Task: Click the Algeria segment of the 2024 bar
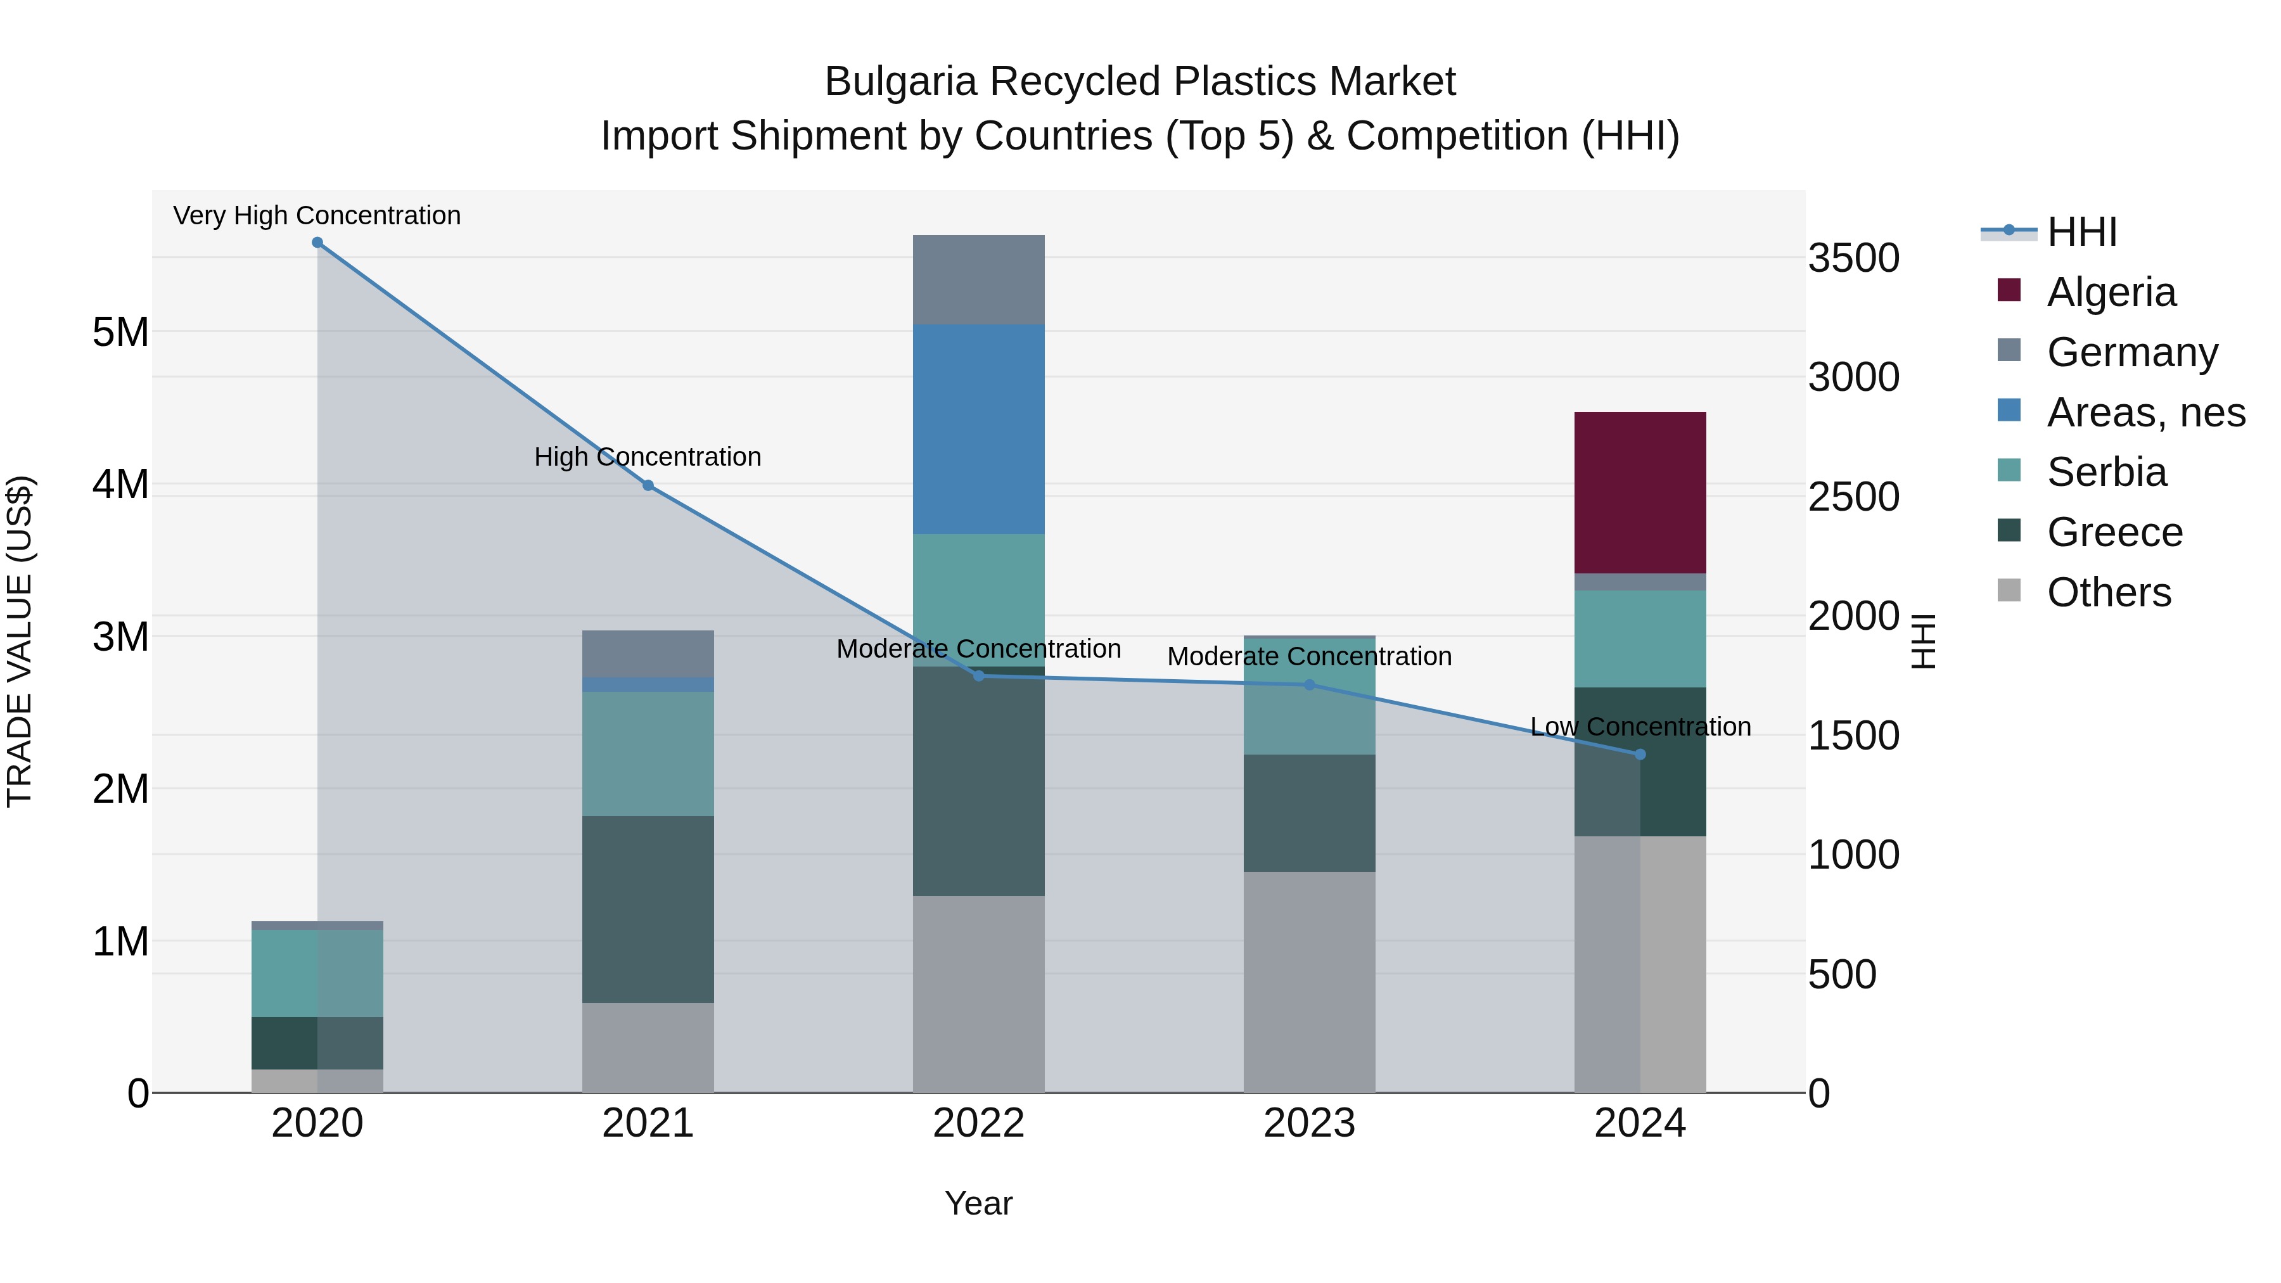1639,492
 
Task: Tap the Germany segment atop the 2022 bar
978,280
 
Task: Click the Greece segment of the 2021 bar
648,909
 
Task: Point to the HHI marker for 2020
317,243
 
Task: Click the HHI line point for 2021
648,485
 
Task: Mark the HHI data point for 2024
1639,755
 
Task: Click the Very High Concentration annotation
317,215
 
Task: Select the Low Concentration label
1640,726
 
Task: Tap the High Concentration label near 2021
648,457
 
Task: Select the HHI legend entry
2081,232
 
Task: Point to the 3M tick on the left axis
120,637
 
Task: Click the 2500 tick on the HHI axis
1853,497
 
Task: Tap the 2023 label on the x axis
1309,1123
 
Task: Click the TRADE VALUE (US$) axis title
20,641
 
